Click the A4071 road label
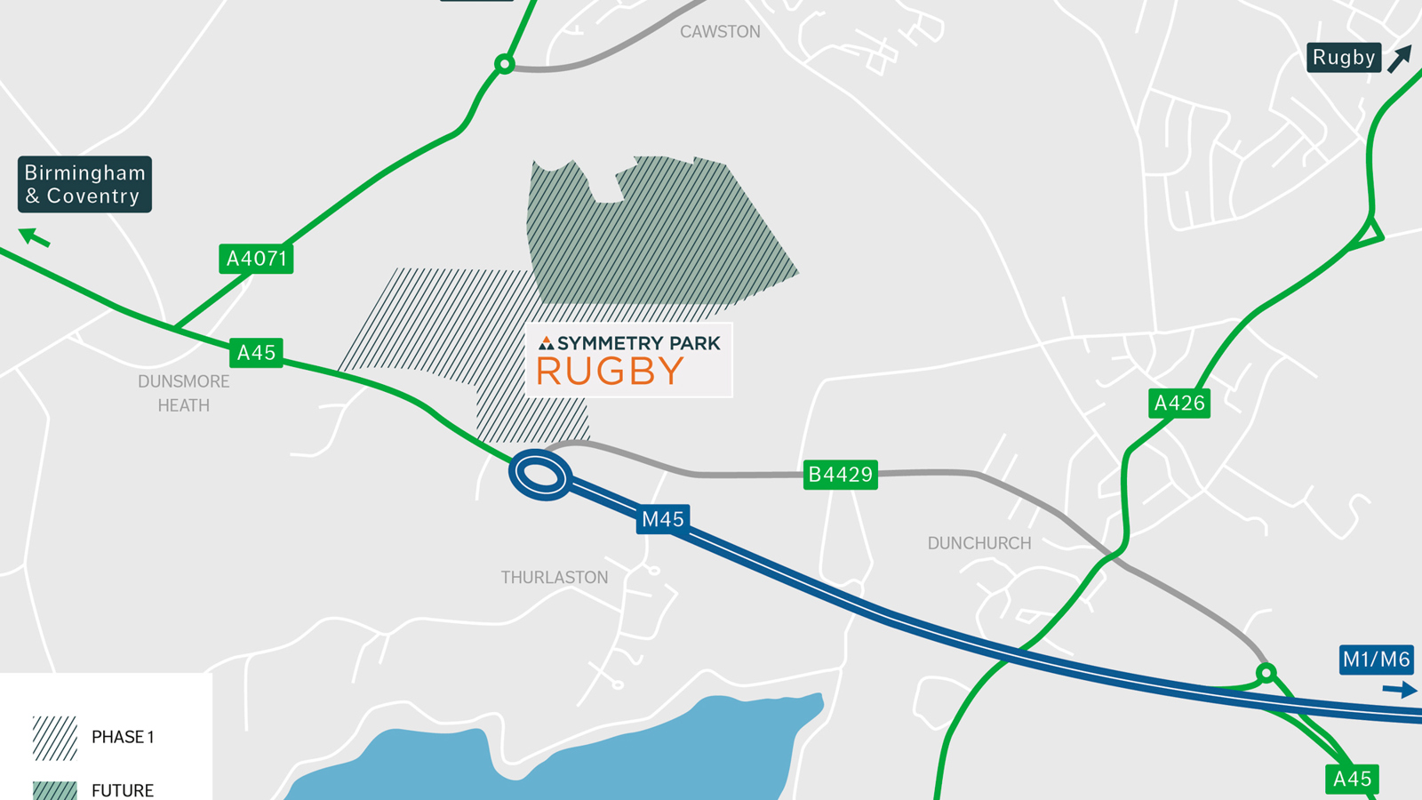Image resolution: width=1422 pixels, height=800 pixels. (x=256, y=259)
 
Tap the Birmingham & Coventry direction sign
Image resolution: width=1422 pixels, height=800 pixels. (x=84, y=185)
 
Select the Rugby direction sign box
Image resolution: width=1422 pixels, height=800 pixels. (x=1343, y=58)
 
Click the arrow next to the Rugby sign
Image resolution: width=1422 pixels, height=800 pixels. (x=1400, y=59)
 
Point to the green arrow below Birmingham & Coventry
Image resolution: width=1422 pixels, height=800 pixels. (x=35, y=237)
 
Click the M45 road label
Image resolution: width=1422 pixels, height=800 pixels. (x=663, y=519)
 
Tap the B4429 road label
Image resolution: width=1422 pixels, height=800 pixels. (x=840, y=475)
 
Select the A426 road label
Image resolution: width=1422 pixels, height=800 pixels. (x=1178, y=404)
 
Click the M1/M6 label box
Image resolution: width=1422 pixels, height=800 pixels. (x=1376, y=660)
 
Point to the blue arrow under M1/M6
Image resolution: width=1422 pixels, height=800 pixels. (x=1400, y=690)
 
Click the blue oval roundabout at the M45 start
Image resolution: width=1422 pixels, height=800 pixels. (x=539, y=476)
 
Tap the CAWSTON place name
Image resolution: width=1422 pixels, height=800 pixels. (x=720, y=32)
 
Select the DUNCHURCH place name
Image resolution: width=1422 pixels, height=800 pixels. (x=979, y=543)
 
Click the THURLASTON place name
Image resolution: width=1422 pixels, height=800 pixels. (x=555, y=578)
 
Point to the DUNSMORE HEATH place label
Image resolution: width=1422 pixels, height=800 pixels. (x=184, y=393)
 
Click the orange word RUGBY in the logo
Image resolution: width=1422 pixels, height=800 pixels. (x=610, y=372)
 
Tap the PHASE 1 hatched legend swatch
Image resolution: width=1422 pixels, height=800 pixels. (x=55, y=738)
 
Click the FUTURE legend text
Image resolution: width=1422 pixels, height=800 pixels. (x=123, y=790)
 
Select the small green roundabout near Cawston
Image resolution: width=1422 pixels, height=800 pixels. (x=504, y=64)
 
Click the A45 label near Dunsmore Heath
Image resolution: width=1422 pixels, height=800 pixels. (x=256, y=353)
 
